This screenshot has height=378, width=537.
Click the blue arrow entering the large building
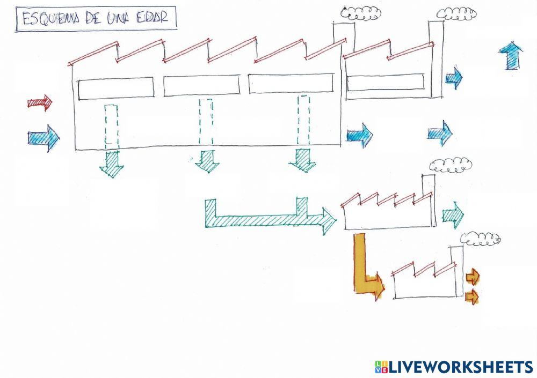(x=43, y=138)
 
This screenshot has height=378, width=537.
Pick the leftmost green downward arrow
(x=112, y=164)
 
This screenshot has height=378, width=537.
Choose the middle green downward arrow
(x=207, y=161)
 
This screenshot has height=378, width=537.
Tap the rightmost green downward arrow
(x=302, y=160)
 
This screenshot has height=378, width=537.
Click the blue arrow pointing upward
(x=511, y=56)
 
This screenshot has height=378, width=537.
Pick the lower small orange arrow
(x=472, y=296)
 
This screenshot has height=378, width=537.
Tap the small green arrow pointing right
(x=453, y=216)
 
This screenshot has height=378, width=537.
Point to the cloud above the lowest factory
(x=481, y=239)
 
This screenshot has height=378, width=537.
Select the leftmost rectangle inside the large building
(x=116, y=88)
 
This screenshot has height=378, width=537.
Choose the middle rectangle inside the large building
(x=201, y=86)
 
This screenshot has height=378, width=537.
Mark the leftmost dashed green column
(x=112, y=126)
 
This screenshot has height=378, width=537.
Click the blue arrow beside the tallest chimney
(x=454, y=78)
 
